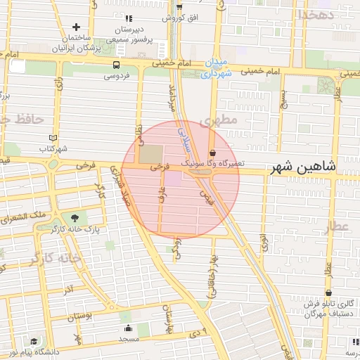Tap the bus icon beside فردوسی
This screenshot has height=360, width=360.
[115, 64]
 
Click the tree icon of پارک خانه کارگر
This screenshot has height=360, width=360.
[75, 218]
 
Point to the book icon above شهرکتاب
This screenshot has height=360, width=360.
[56, 138]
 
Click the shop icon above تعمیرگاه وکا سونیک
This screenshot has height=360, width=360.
[212, 152]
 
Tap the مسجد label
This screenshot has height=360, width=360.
[129, 339]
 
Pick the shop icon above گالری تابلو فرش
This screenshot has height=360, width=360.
[328, 292]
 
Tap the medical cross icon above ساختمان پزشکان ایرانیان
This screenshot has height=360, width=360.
[76, 27]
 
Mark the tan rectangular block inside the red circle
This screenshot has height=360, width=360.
[149, 154]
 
